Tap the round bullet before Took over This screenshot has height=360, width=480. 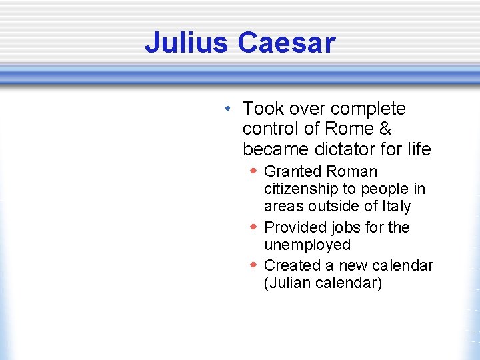[x=228, y=109]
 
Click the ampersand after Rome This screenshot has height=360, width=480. [x=386, y=128]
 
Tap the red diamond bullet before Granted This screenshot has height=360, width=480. [x=253, y=171]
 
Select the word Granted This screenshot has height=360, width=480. [x=291, y=172]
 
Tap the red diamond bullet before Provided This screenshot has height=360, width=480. [x=253, y=227]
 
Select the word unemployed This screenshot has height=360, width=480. [x=307, y=245]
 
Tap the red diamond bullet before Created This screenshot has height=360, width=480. [x=253, y=265]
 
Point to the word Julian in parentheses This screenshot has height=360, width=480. [x=287, y=283]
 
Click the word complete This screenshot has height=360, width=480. [x=368, y=108]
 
